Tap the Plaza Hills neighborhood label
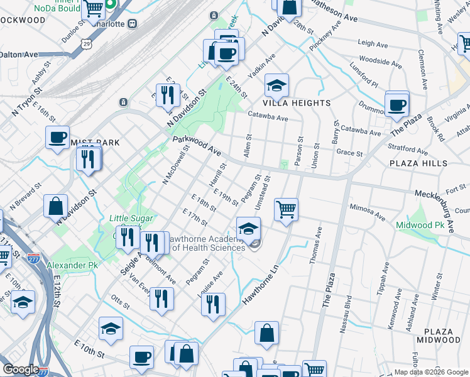click(x=418, y=163)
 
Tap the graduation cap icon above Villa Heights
click(x=276, y=85)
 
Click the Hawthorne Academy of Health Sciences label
click(x=208, y=243)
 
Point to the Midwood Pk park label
click(x=419, y=225)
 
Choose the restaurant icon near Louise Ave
click(x=213, y=304)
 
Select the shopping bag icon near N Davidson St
click(x=56, y=206)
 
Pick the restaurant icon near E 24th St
click(x=167, y=96)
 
